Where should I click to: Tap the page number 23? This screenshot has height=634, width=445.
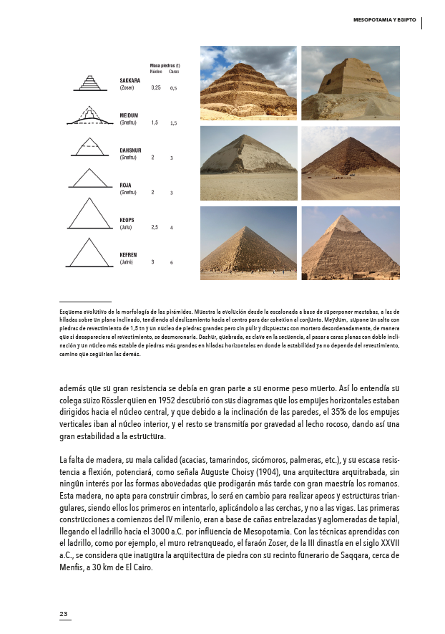(63, 614)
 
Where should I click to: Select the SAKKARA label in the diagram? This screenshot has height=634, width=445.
(129, 80)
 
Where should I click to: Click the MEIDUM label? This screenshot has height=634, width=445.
(129, 115)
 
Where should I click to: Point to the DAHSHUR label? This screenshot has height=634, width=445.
(131, 150)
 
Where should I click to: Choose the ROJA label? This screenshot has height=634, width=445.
(125, 185)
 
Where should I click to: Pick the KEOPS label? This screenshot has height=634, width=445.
(127, 220)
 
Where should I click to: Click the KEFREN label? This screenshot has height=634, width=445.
(128, 254)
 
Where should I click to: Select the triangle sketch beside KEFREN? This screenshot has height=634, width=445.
(91, 251)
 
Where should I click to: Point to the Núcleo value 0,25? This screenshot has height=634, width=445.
(156, 87)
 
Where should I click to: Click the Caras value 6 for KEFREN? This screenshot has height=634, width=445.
(172, 263)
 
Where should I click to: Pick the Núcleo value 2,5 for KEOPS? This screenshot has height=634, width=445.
(155, 227)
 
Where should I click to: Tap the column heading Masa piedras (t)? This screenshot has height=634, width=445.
(165, 65)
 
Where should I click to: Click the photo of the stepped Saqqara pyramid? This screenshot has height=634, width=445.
(248, 83)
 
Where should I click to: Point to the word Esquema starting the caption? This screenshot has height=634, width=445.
(70, 312)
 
